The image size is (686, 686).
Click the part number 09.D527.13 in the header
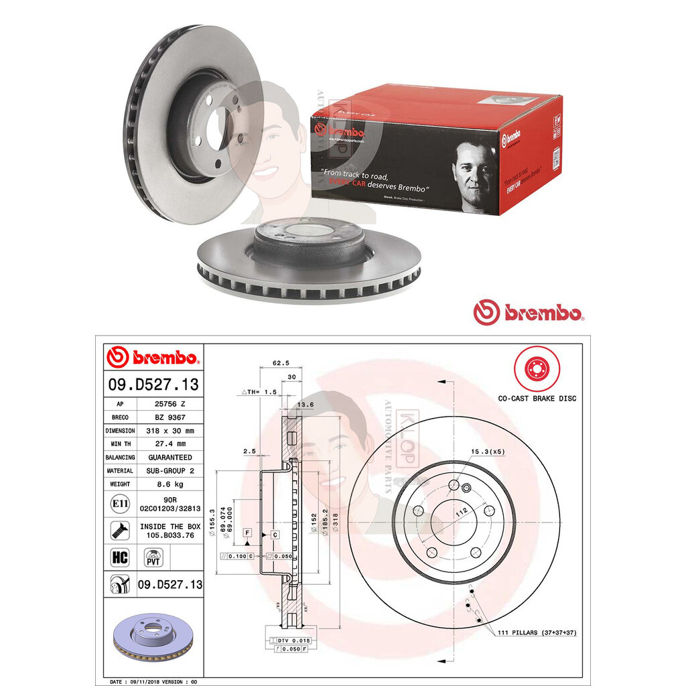pyautogui.click(x=153, y=384)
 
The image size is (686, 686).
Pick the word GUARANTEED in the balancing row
pyautogui.click(x=169, y=457)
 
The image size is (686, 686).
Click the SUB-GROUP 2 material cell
pyautogui.click(x=169, y=470)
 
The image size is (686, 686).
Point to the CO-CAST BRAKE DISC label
pyautogui.click(x=537, y=399)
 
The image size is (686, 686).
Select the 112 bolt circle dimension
pyautogui.click(x=460, y=512)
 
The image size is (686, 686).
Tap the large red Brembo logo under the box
pyautogui.click(x=529, y=312)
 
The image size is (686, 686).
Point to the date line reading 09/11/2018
pyautogui.click(x=157, y=681)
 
